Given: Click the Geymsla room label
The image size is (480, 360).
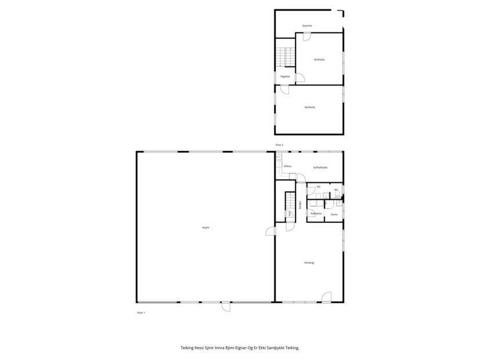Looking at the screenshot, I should (x=308, y=26).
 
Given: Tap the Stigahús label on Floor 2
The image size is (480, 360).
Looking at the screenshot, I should (x=284, y=76).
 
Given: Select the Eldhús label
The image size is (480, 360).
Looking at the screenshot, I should (x=287, y=167).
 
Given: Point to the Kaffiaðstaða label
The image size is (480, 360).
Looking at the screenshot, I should (x=320, y=167).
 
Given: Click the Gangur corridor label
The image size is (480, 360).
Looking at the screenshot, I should (x=300, y=204).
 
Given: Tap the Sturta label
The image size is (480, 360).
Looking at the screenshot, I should (x=334, y=214).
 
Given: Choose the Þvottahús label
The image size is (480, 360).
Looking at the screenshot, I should (x=315, y=213).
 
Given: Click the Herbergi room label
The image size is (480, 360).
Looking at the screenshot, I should (x=309, y=263).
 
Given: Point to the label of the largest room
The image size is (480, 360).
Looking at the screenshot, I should (x=205, y=228).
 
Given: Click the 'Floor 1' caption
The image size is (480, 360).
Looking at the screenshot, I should (x=140, y=313).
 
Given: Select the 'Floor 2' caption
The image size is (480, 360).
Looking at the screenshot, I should (x=279, y=145).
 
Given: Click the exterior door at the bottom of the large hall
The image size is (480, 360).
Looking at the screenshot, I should (x=226, y=306).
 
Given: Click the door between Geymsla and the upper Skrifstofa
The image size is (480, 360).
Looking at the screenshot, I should (x=306, y=37).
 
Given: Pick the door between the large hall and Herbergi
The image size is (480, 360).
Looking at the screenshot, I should (x=270, y=232).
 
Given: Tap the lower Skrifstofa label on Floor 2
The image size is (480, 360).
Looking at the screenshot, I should (x=309, y=107).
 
